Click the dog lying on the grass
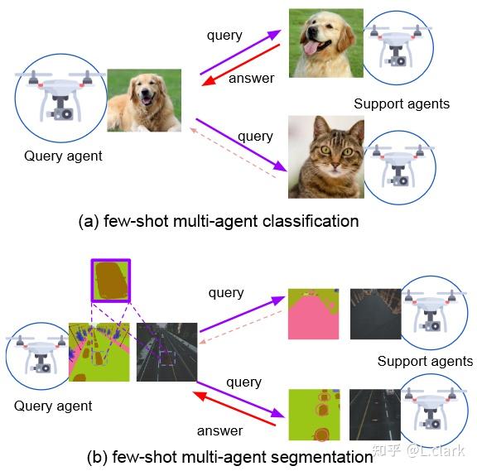click(143, 100)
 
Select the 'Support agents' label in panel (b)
click(425, 361)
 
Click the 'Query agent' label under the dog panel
click(63, 156)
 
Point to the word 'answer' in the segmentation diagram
click(219, 430)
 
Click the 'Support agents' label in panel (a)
click(402, 103)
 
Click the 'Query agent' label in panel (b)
click(53, 406)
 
